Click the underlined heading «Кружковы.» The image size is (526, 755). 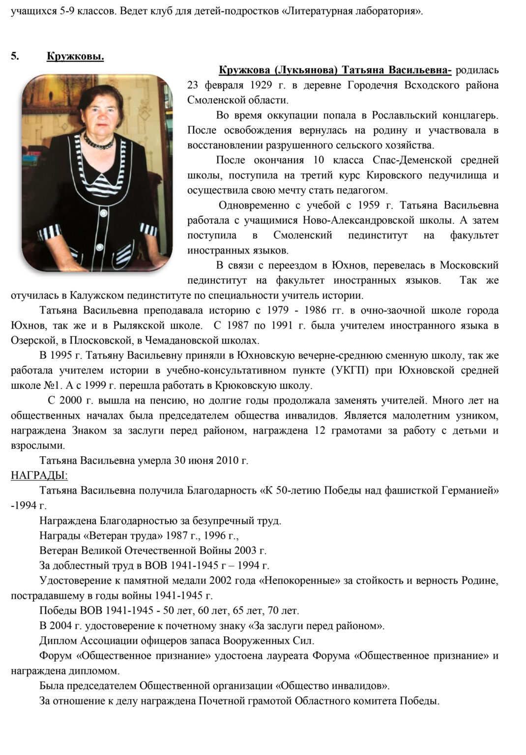75,57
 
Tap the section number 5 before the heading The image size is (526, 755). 15,56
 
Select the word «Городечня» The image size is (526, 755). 374,85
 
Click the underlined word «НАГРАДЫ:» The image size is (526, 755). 39,475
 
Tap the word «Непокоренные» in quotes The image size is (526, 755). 299,581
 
